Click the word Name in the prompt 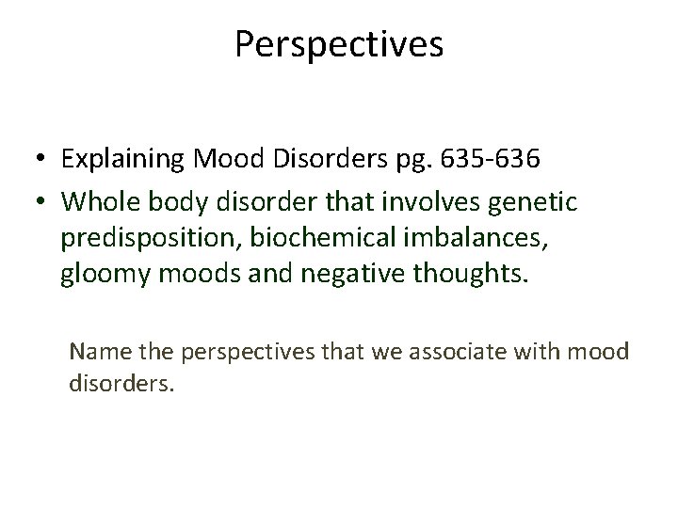tap(96, 353)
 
